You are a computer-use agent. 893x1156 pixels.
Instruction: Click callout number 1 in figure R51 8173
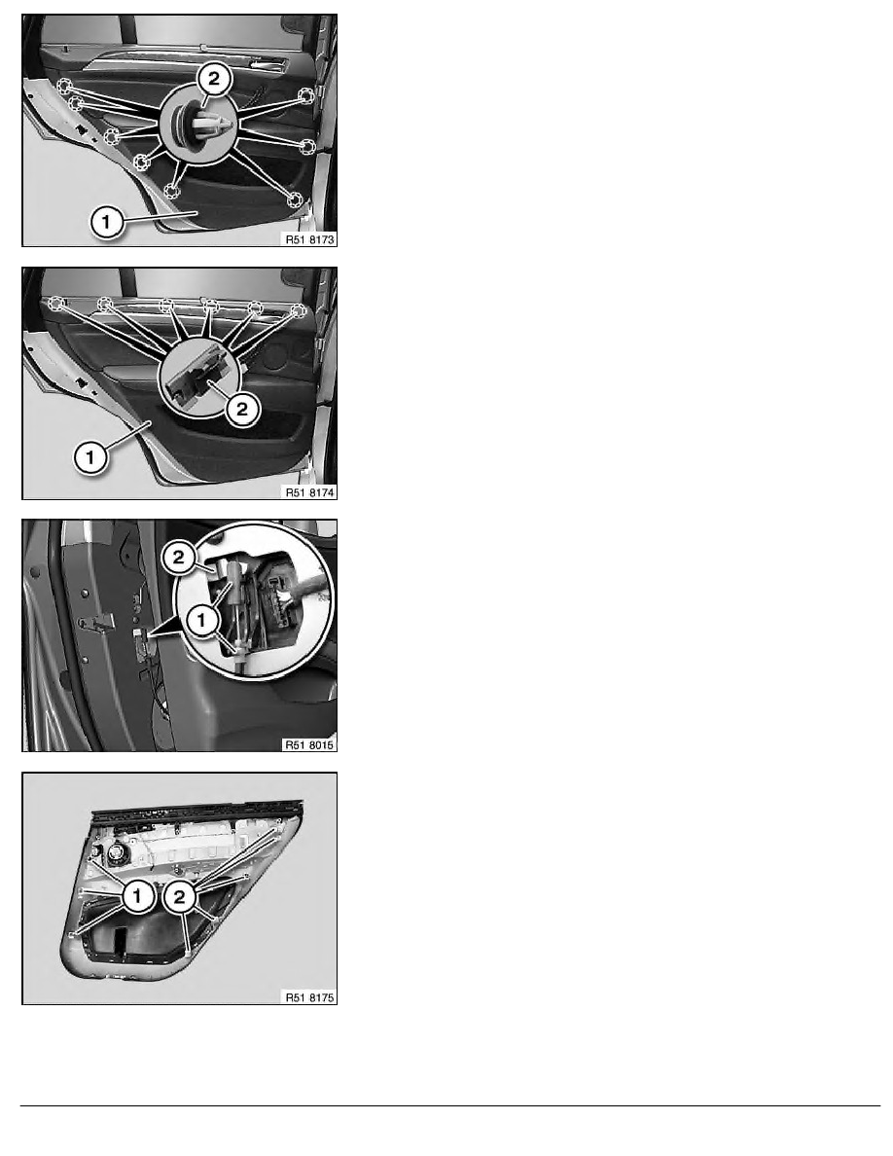pos(106,221)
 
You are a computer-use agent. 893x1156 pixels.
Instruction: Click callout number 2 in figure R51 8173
pos(214,79)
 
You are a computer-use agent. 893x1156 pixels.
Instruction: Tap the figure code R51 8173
pos(310,238)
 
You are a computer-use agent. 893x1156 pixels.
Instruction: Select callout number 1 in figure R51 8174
pos(90,458)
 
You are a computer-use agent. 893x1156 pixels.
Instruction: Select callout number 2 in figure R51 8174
pos(242,409)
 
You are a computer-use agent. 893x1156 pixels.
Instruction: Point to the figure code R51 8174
pos(310,491)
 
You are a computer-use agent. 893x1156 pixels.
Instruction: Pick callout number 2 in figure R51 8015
pos(178,558)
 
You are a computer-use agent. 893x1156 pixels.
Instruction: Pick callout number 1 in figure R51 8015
pos(202,620)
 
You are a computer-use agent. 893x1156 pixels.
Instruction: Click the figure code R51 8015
pos(310,744)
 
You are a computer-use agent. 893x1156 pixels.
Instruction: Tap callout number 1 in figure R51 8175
pos(138,896)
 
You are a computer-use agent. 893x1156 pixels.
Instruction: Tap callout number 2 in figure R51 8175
pos(179,897)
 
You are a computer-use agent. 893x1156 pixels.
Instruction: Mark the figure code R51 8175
pos(310,997)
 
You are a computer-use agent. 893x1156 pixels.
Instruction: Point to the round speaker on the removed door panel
pos(118,855)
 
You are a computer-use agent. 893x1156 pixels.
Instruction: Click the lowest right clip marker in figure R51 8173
pos(295,199)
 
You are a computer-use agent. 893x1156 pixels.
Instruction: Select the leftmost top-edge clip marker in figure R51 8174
pos(55,303)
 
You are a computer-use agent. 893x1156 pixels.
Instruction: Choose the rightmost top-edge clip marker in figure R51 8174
pos(298,310)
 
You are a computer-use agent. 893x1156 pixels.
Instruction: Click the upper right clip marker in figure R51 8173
pos(305,95)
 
